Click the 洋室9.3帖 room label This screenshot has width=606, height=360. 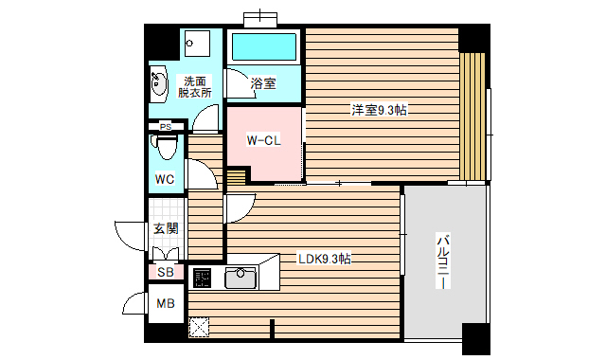(x=380, y=111)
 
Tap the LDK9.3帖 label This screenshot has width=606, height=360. (x=325, y=259)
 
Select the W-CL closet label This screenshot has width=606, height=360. (x=263, y=141)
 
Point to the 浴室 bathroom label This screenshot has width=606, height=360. (x=263, y=83)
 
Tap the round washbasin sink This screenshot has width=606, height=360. (x=159, y=84)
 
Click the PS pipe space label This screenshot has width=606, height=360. (x=166, y=127)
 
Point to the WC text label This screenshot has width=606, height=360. (x=165, y=179)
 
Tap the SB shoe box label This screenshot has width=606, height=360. (x=166, y=273)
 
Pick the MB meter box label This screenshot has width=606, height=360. (x=166, y=304)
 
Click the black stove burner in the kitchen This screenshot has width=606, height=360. (x=203, y=279)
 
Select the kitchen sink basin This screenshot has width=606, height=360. (x=241, y=279)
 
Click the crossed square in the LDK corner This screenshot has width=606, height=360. (x=200, y=327)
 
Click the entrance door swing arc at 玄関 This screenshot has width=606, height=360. (x=126, y=234)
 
